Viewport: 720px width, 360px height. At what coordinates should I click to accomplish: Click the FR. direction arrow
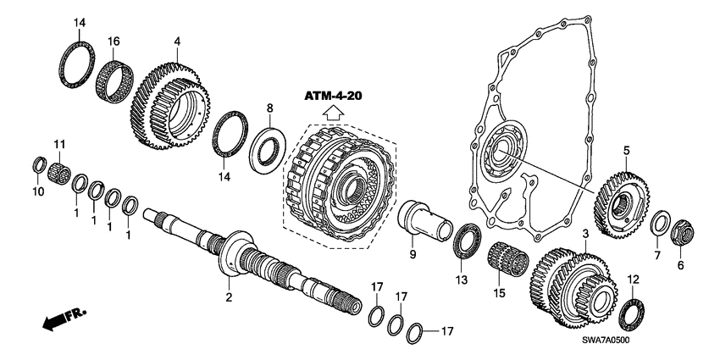tap(64, 320)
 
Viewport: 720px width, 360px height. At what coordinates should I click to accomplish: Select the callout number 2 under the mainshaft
tap(227, 296)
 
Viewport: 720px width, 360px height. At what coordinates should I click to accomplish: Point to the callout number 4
tap(177, 40)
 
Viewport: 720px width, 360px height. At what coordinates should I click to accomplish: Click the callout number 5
tap(626, 152)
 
